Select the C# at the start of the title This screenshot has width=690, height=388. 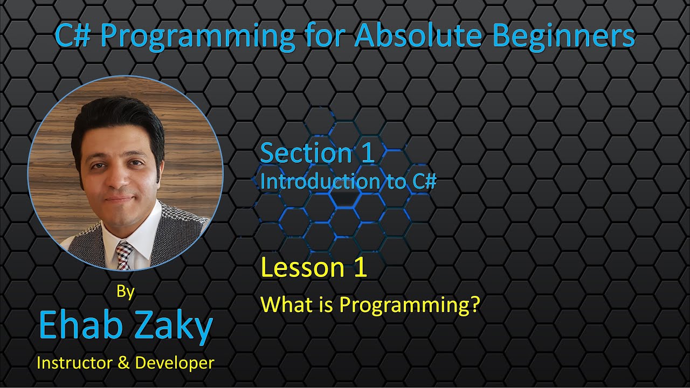pos(73,36)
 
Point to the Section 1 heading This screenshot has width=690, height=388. pos(318,153)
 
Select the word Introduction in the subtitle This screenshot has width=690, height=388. pos(320,181)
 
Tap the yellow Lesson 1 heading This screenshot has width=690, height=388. pos(314,267)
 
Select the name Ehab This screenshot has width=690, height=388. pos(81,324)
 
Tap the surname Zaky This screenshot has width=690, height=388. pos(174,327)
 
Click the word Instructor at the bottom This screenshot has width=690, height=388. pos(74,363)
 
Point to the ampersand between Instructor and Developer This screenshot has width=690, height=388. pos(124,363)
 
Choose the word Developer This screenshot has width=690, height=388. pos(175,363)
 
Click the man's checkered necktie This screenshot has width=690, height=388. pos(124,255)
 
